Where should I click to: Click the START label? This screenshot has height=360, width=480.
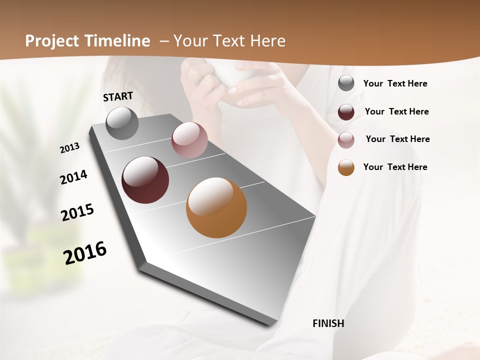(118, 96)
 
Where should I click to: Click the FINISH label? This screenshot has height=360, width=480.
(328, 323)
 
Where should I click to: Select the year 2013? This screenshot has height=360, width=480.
(70, 147)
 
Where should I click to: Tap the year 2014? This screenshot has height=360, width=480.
(74, 177)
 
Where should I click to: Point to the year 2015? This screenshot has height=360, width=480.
(77, 212)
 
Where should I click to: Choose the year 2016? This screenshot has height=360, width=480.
(85, 252)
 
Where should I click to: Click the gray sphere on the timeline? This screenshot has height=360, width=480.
(122, 123)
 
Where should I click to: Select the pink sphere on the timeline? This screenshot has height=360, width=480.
(189, 140)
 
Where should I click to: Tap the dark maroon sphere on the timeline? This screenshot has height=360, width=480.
(145, 180)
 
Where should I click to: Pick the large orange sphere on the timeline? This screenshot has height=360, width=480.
(216, 207)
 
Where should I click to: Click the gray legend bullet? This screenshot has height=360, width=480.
(346, 83)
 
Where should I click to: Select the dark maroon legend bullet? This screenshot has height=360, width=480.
(346, 112)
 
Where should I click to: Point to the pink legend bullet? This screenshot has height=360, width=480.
(346, 140)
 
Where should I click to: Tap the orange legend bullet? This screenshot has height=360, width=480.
(346, 167)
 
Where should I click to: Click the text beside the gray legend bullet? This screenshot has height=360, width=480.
(395, 84)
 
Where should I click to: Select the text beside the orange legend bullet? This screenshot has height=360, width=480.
(395, 167)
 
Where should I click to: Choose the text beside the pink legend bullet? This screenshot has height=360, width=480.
(397, 139)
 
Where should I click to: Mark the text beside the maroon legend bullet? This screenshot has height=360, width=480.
(396, 111)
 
